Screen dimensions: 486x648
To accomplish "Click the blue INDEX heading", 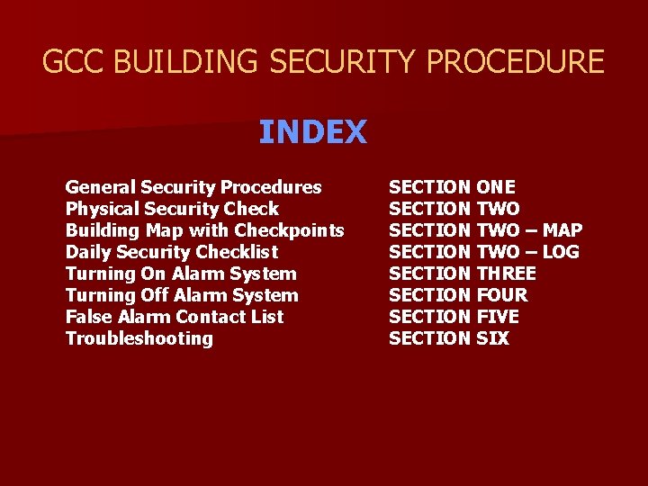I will pos(312,132).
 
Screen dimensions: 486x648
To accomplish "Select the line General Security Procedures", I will pos(193,187).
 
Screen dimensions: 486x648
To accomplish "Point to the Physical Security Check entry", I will pos(172,209).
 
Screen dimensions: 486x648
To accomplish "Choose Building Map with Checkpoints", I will pos(204,230).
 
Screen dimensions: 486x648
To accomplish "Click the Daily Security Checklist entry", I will pos(171,252).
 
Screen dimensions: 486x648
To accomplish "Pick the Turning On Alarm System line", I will pos(180,274).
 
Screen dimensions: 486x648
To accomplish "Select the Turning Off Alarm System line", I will pos(181,295).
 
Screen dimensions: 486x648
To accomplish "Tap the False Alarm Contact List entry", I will pos(174,317).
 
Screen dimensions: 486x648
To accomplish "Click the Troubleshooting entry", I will pos(139,338).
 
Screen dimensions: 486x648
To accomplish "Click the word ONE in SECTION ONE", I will pos(495,187).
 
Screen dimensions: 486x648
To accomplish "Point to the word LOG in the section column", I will pos(560,252).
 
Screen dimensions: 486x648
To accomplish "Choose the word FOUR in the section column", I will pos(501,295).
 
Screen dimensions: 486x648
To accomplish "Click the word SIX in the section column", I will pos(491,338).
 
